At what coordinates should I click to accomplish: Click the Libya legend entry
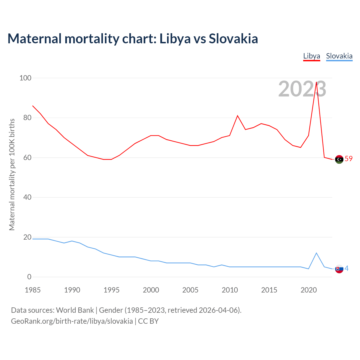tap(312, 56)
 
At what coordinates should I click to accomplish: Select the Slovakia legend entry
tap(339, 56)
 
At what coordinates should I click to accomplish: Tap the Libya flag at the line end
tap(339, 159)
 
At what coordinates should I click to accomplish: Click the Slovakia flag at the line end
tap(339, 269)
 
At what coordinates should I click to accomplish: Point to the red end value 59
tap(348, 159)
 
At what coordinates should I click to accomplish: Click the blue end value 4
tap(346, 269)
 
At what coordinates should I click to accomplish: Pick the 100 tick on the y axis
tap(25, 78)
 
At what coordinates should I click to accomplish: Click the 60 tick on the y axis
tap(27, 157)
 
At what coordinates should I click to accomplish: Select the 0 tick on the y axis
tap(29, 277)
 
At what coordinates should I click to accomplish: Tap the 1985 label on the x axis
tap(33, 290)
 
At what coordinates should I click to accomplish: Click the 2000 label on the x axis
tap(151, 290)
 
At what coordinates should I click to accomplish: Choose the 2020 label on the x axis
tap(309, 290)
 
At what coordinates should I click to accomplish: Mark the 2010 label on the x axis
tap(230, 290)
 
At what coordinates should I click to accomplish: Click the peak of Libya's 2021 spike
tap(316, 82)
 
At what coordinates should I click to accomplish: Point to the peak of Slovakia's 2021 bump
tap(316, 253)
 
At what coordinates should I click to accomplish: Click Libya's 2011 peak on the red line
tap(237, 116)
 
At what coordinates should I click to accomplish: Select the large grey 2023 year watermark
tap(302, 89)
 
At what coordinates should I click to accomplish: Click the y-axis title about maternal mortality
tap(12, 174)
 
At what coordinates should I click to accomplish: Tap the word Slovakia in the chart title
tap(233, 39)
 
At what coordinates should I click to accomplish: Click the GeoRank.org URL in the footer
tap(72, 321)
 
